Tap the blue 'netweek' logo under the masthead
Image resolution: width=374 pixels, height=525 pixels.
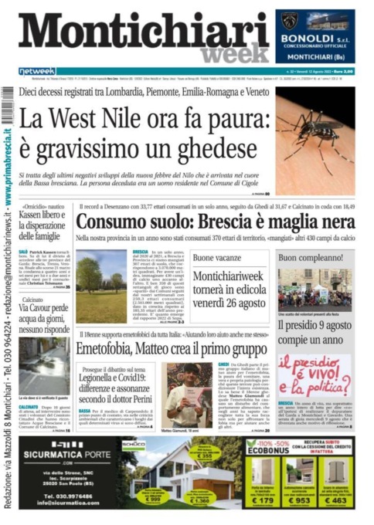click(38, 71)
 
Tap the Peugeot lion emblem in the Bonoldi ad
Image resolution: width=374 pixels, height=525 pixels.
click(290, 19)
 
